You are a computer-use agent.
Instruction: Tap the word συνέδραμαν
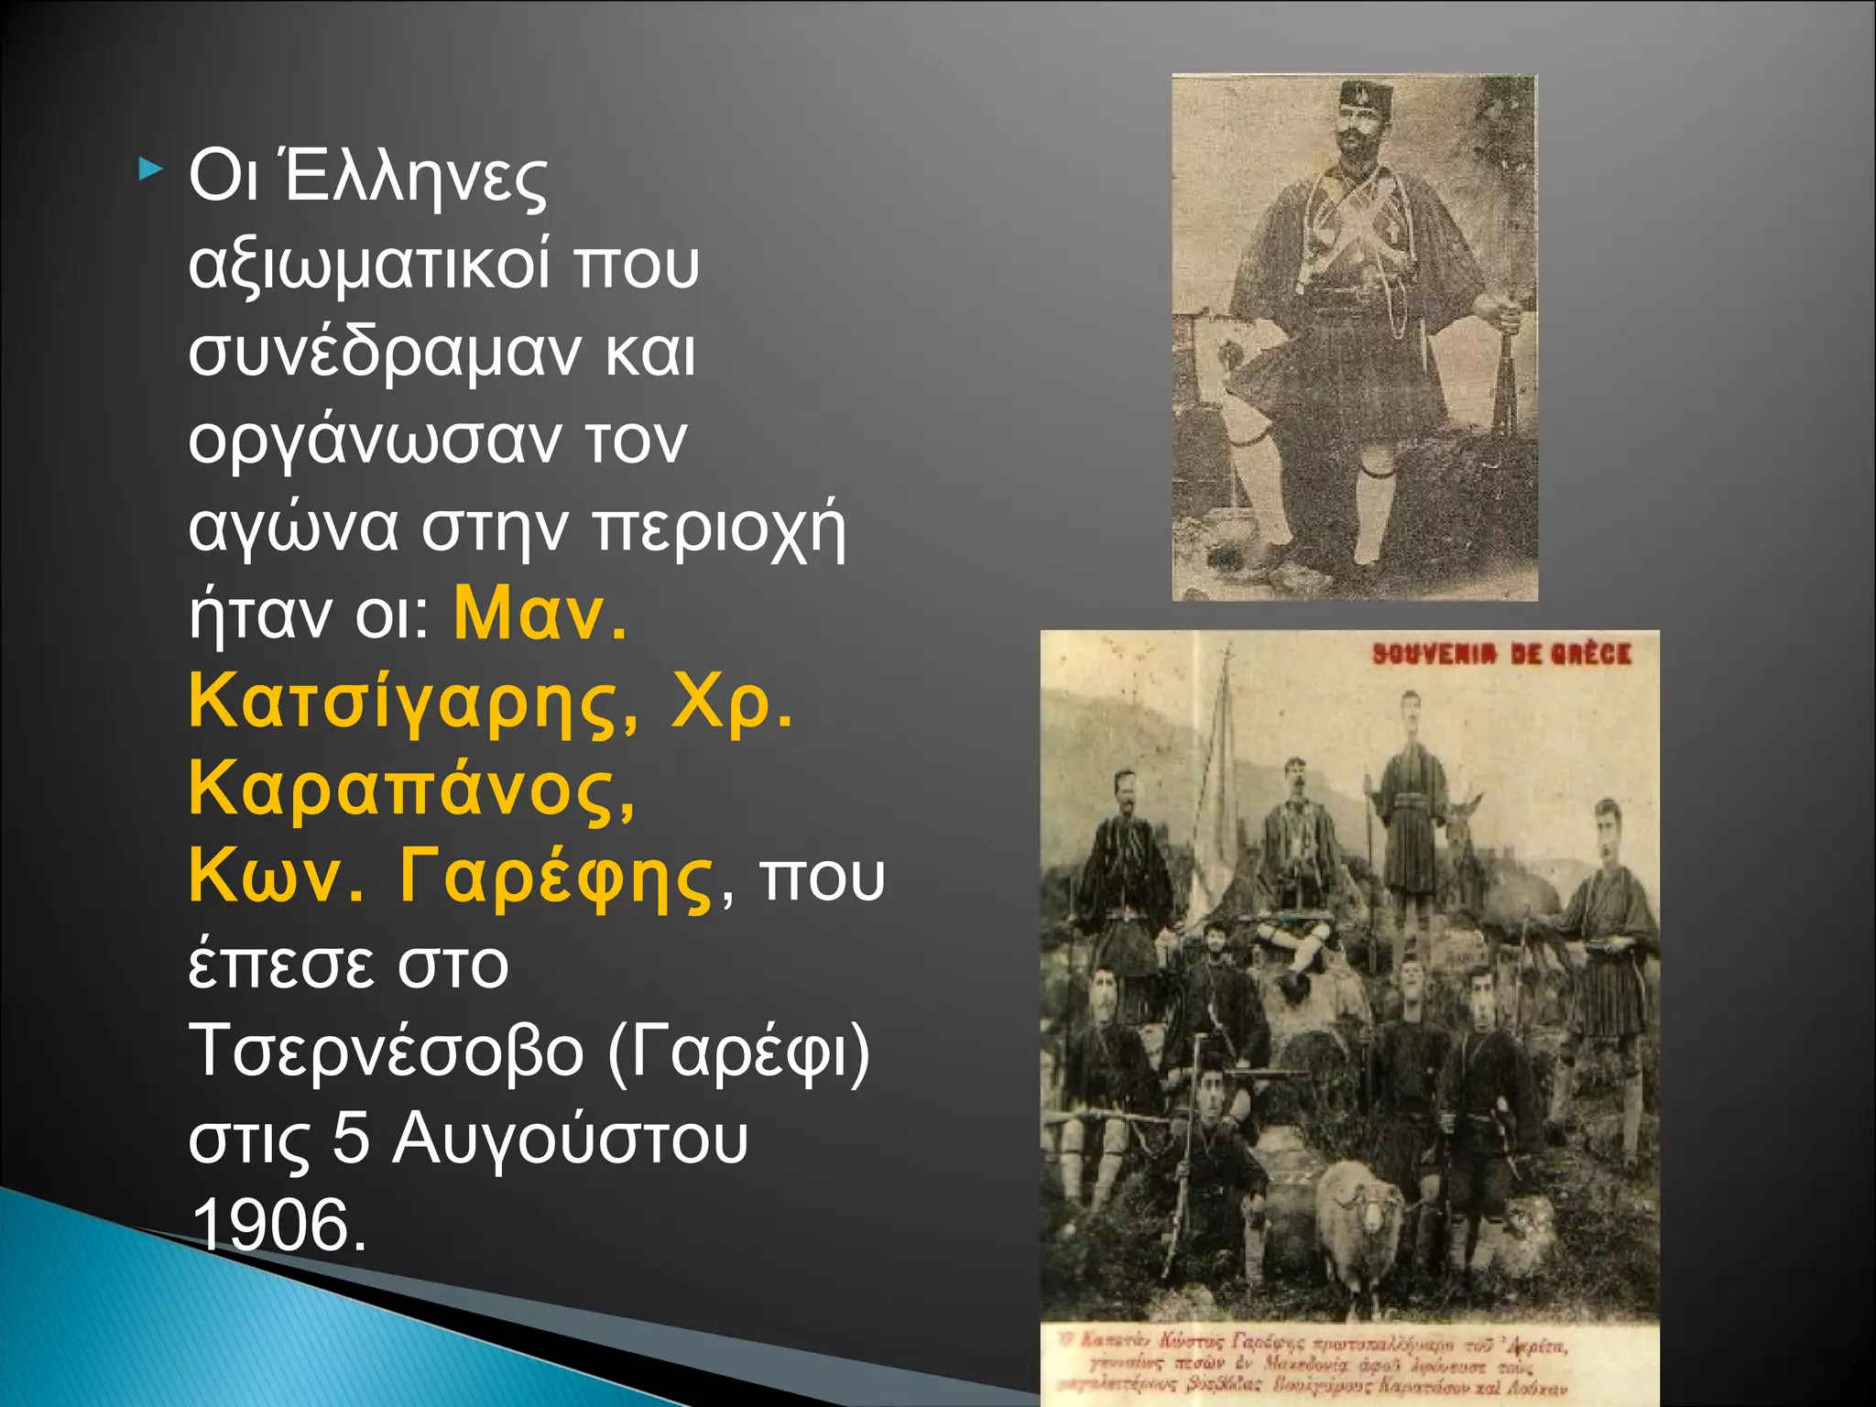tap(384, 353)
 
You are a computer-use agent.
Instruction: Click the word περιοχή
tap(719, 529)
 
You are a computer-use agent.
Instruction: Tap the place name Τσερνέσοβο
tap(386, 1052)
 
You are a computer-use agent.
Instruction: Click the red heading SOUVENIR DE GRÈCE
tap(1501, 654)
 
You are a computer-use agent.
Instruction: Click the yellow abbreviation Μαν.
tap(540, 616)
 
